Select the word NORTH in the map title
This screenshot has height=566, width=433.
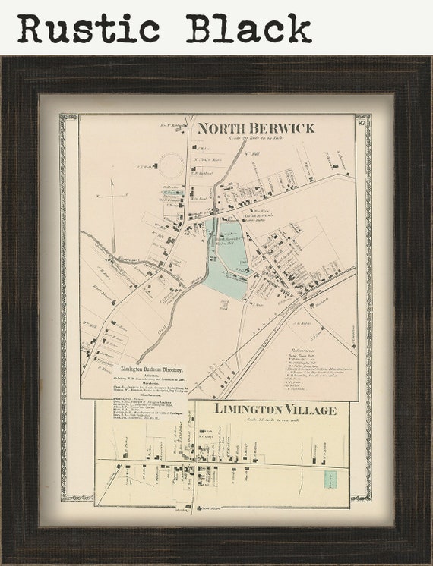pos(221,127)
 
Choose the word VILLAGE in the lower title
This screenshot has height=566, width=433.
pos(312,409)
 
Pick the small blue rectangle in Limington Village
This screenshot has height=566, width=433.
pos(330,479)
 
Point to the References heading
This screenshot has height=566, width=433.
pos(303,348)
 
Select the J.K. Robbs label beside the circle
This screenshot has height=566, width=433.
pos(144,168)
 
